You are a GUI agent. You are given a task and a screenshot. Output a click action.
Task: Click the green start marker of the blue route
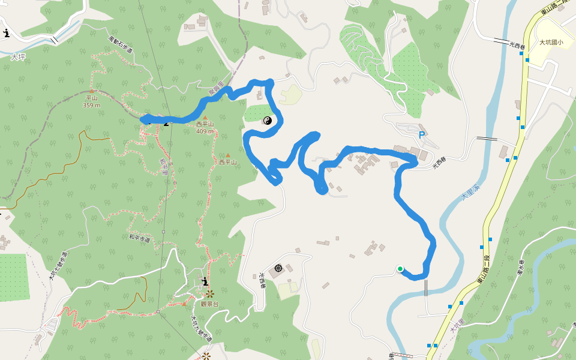pos(400,269)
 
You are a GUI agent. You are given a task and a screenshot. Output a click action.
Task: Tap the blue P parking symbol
pos(422,135)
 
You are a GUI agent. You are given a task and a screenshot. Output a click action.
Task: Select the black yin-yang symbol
pos(268,121)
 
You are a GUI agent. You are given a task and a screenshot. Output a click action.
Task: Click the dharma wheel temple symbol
pos(278,268)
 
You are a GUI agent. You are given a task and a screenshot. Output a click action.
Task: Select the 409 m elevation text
pos(205,131)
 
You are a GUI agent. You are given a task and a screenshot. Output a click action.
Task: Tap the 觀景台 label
pos(209,304)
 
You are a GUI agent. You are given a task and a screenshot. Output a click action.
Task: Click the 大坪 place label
pos(18,57)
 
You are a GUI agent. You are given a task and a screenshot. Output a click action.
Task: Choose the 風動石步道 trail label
pos(120,46)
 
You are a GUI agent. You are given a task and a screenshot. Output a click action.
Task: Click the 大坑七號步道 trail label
pos(58,266)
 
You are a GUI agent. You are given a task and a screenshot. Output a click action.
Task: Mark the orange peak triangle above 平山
pos(92,91)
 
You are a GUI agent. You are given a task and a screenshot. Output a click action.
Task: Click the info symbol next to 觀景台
pos(205,281)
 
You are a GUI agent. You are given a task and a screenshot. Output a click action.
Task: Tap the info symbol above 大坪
pos(6,33)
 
